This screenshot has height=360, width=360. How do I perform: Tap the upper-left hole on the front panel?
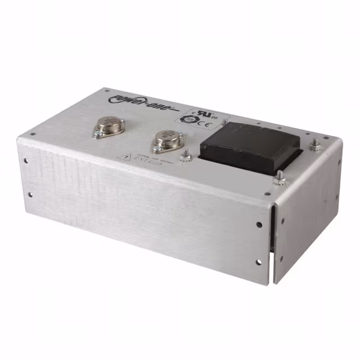click(x=27, y=160)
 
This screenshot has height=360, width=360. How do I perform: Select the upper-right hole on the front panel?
click(x=259, y=224)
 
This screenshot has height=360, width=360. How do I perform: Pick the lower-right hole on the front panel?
click(x=259, y=261)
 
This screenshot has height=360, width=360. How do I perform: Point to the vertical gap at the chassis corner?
click(x=272, y=242)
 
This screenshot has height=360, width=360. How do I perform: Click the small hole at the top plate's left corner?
click(x=33, y=133)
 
